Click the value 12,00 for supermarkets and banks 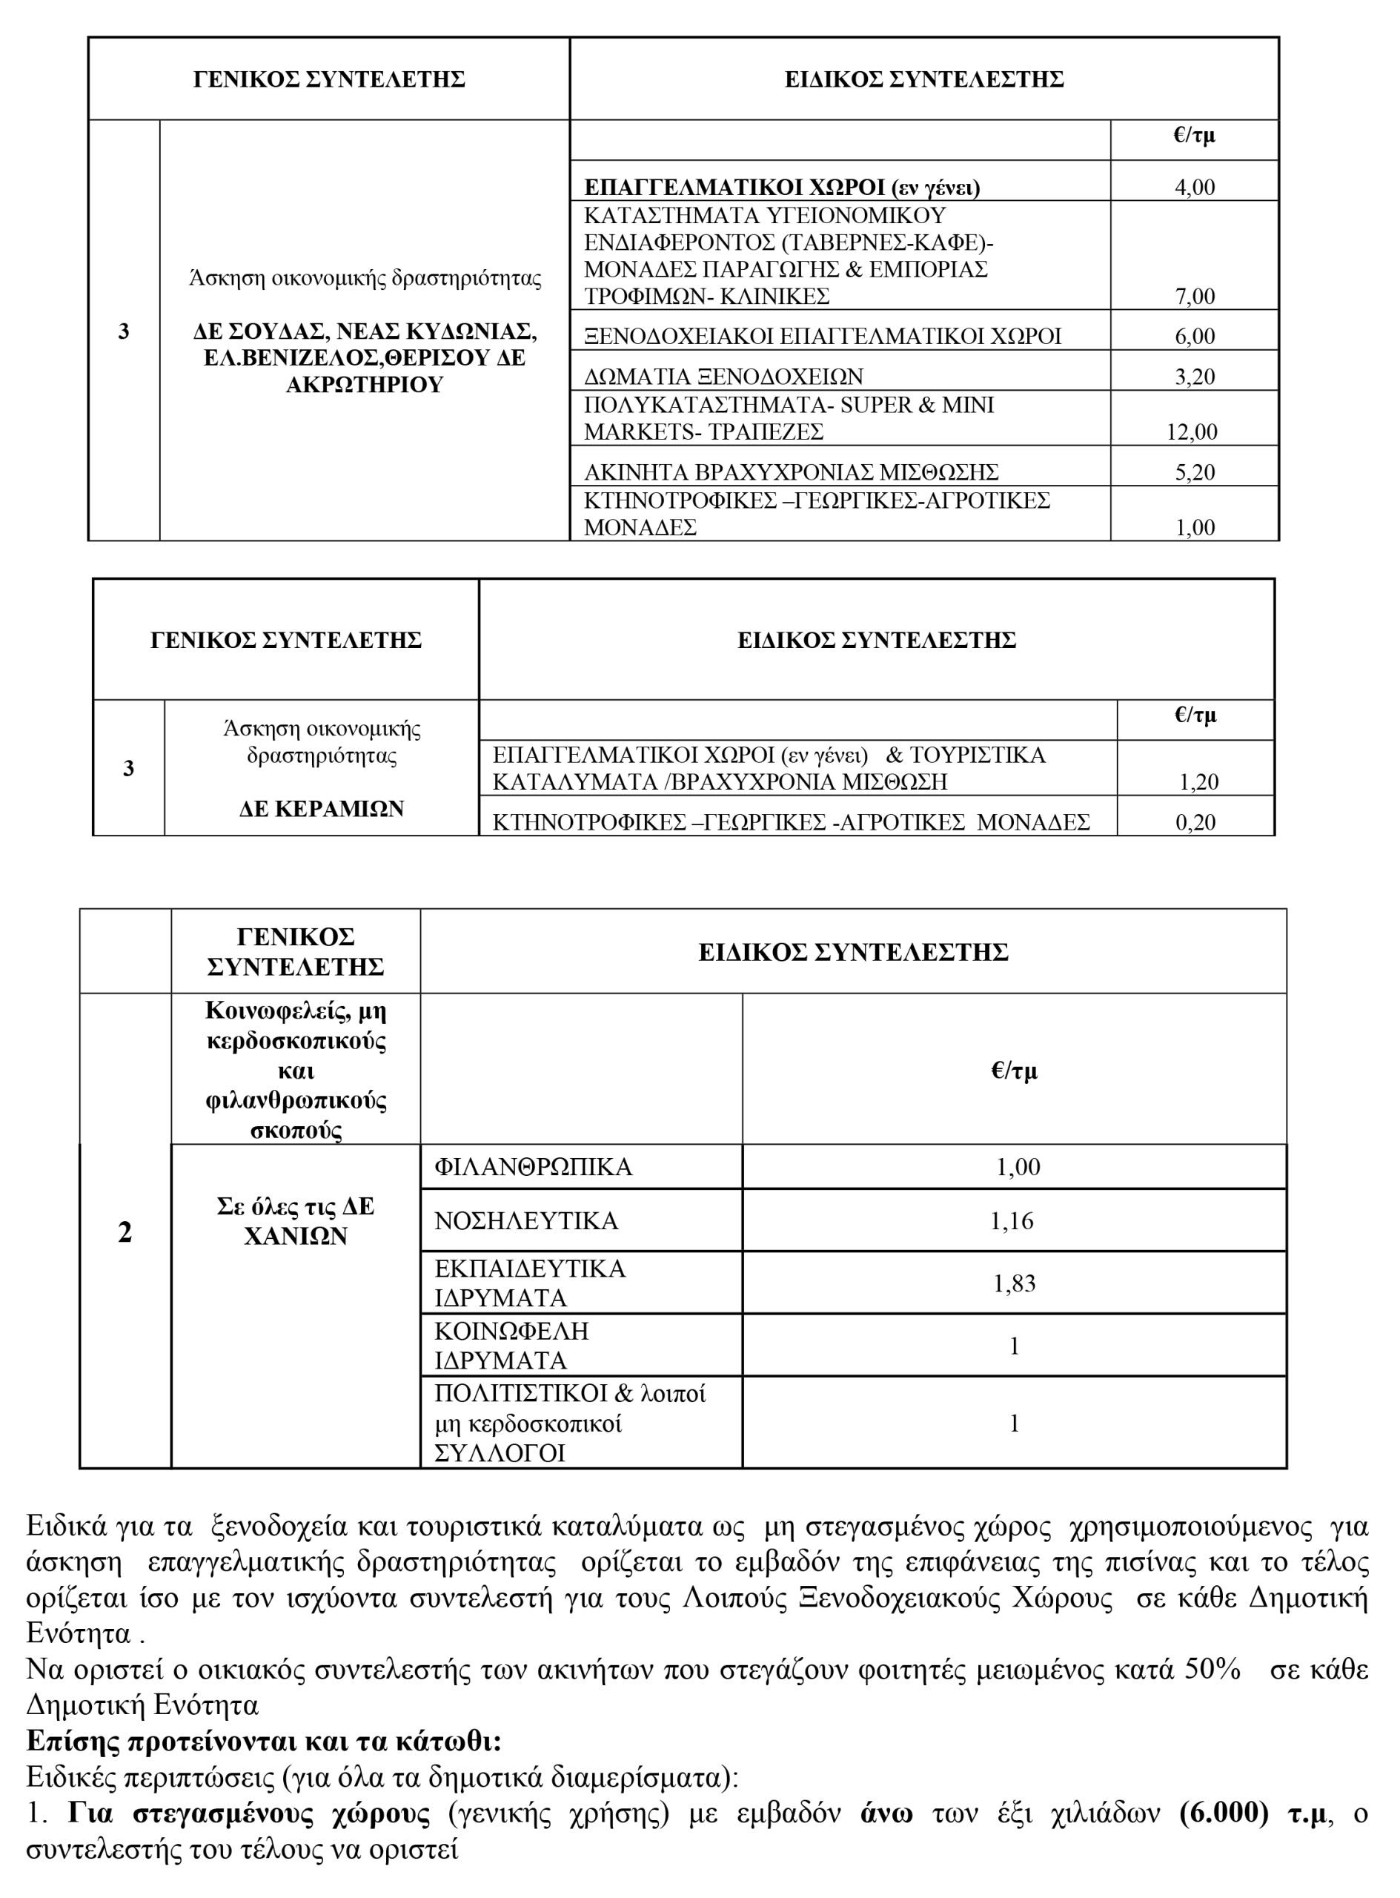[1192, 432]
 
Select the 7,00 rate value [1194, 297]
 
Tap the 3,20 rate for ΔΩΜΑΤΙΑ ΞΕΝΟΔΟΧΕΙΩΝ [1194, 377]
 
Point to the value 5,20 [1194, 472]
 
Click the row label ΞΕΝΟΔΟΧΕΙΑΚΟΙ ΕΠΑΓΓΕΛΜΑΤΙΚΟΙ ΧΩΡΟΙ [822, 337]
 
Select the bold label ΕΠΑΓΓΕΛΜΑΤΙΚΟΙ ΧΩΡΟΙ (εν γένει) [781, 188]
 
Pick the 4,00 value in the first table [1194, 188]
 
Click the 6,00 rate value [1194, 337]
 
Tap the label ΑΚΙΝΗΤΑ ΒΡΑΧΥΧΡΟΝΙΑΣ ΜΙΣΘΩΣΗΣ [791, 472]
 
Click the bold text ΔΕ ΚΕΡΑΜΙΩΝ [321, 809]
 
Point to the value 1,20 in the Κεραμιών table [1198, 781]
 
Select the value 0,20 [1195, 822]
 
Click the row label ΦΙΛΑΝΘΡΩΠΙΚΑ [533, 1167]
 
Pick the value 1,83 [1014, 1283]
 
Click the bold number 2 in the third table [125, 1232]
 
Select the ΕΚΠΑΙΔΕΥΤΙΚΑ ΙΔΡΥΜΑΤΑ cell [530, 1283]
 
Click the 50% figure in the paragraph [1212, 1669]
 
